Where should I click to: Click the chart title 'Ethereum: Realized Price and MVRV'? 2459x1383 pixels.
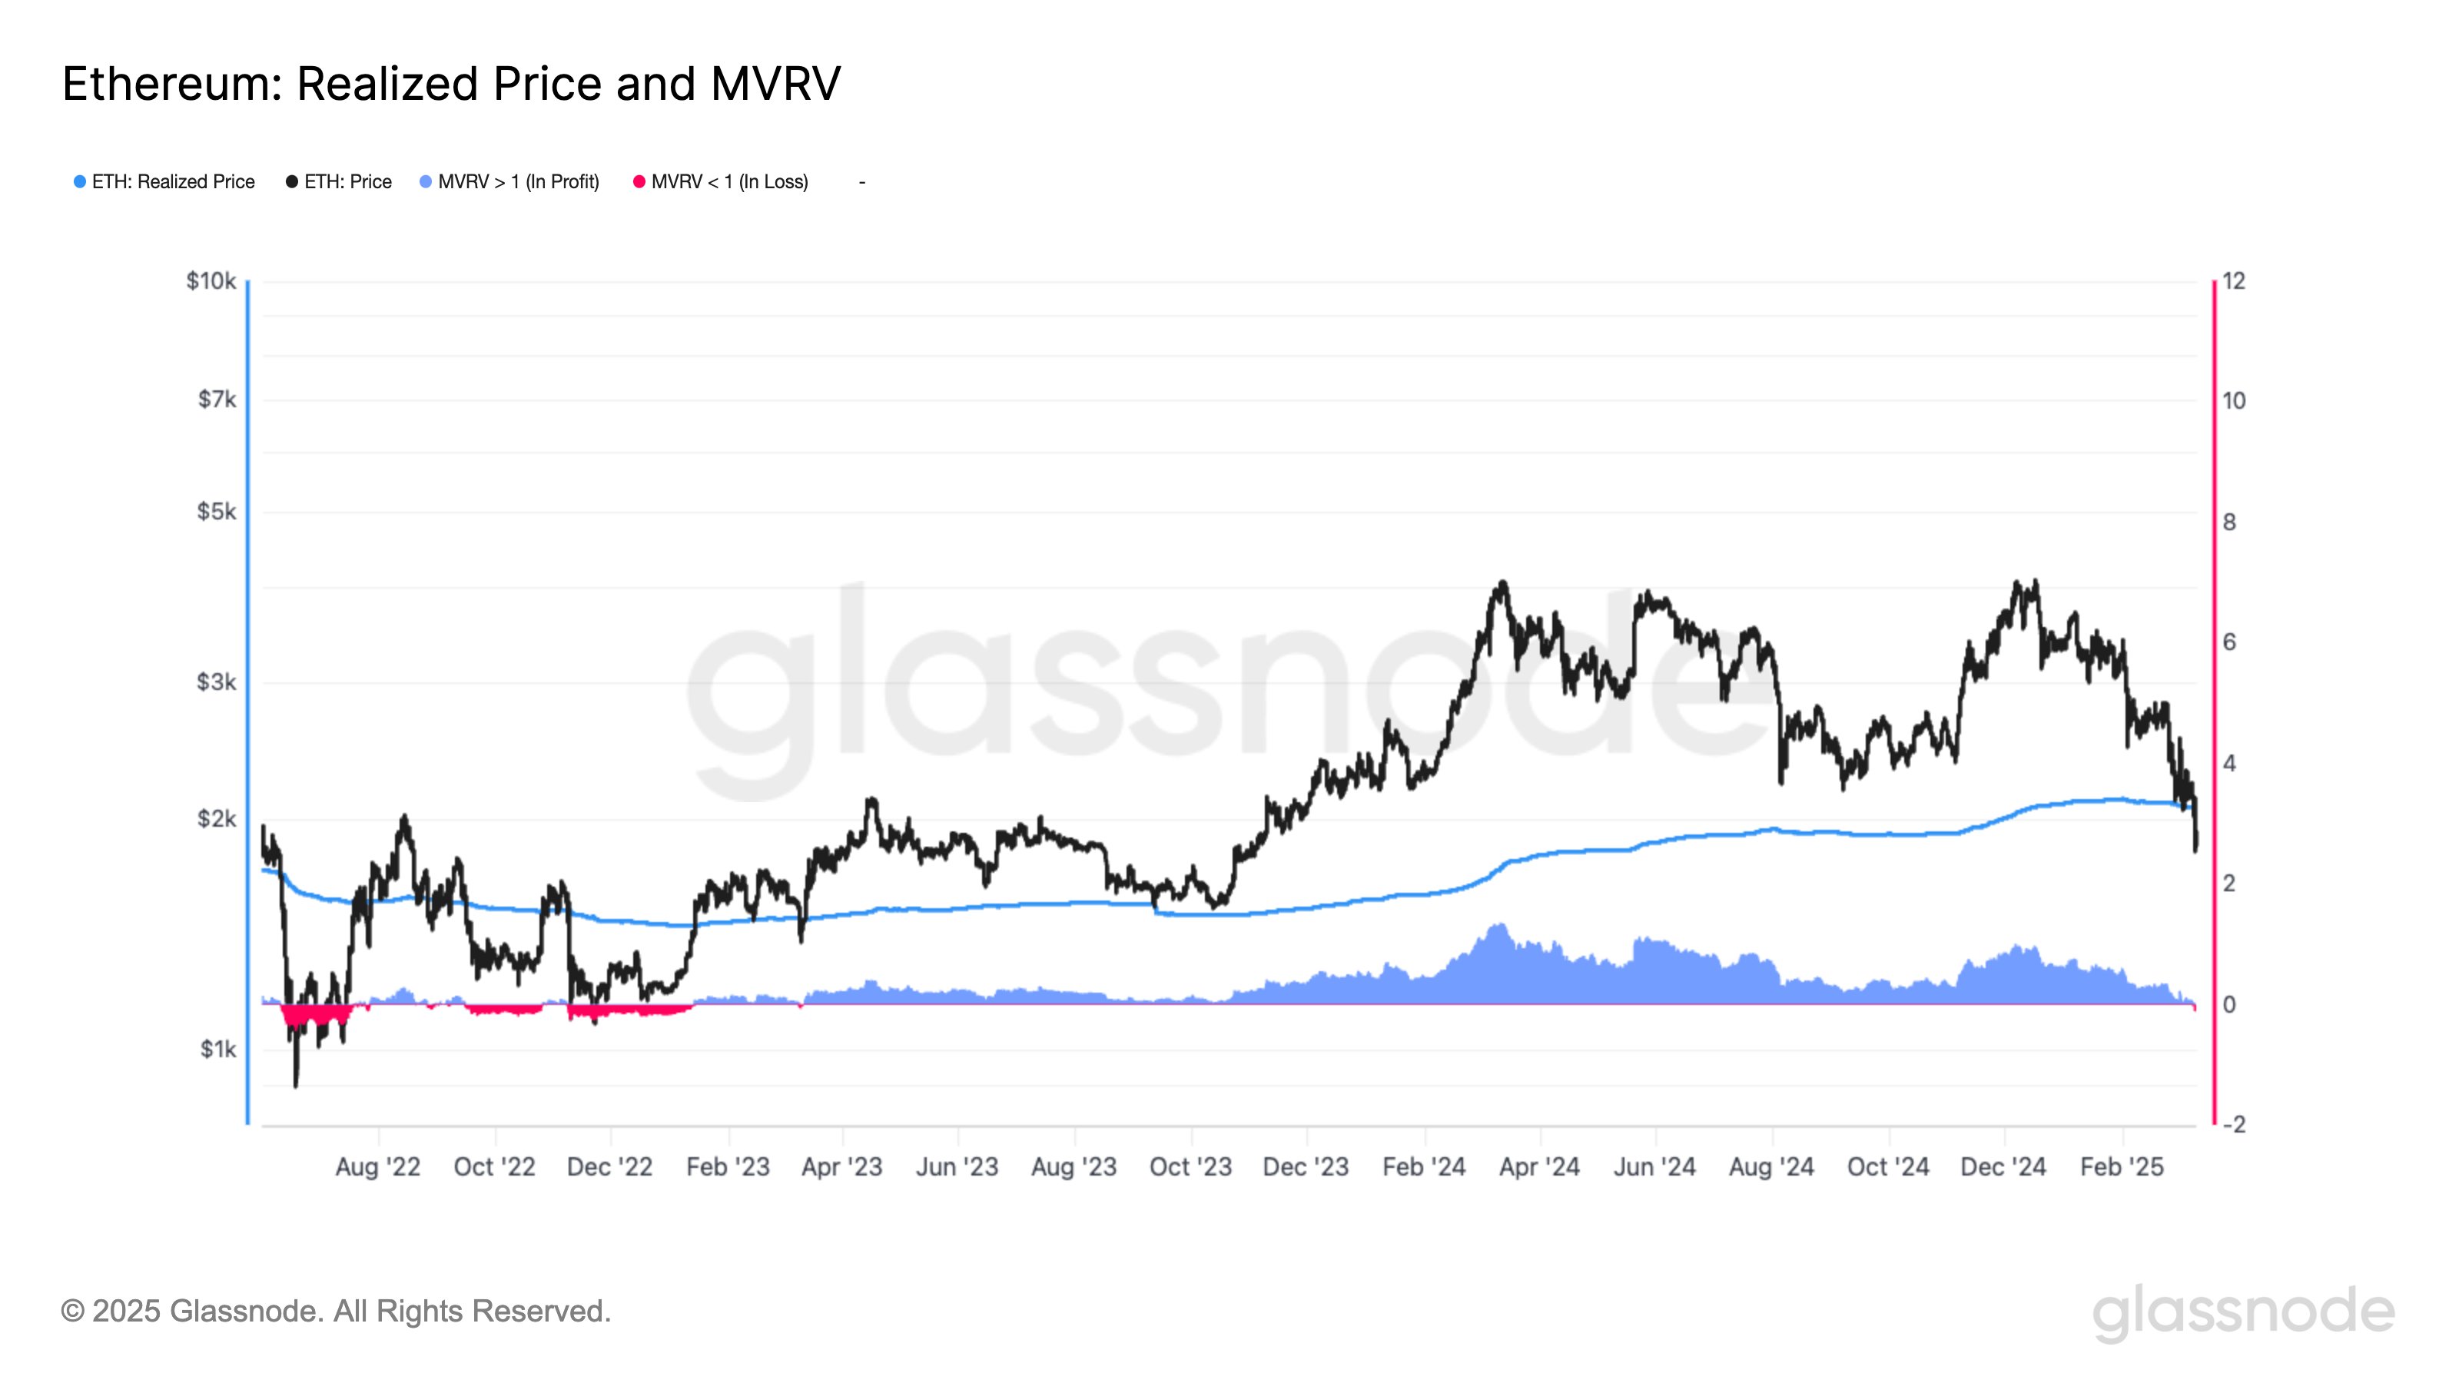[450, 84]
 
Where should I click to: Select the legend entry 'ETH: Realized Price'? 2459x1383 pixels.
[164, 181]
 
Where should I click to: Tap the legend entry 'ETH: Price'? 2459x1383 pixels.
[339, 181]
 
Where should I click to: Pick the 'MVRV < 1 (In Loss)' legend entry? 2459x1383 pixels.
[721, 181]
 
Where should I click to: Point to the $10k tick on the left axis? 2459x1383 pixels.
[211, 281]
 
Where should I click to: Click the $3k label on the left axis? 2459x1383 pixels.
[216, 682]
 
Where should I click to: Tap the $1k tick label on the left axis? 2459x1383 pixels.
[217, 1050]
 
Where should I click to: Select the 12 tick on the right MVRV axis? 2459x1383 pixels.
[2234, 281]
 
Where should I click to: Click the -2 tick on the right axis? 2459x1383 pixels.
[2233, 1124]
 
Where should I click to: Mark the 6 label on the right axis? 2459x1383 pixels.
[2229, 642]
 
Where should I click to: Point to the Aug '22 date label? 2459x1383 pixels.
[378, 1167]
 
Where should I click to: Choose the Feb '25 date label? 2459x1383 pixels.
[2122, 1167]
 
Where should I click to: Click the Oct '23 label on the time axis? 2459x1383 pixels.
[1190, 1167]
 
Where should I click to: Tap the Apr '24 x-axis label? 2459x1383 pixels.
[1538, 1167]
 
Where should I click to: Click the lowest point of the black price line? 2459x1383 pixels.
[296, 1084]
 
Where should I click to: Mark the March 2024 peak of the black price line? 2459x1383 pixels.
[1502, 582]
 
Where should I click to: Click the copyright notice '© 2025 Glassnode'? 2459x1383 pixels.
[335, 1312]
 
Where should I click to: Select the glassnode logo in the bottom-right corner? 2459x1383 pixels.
[2243, 1312]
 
